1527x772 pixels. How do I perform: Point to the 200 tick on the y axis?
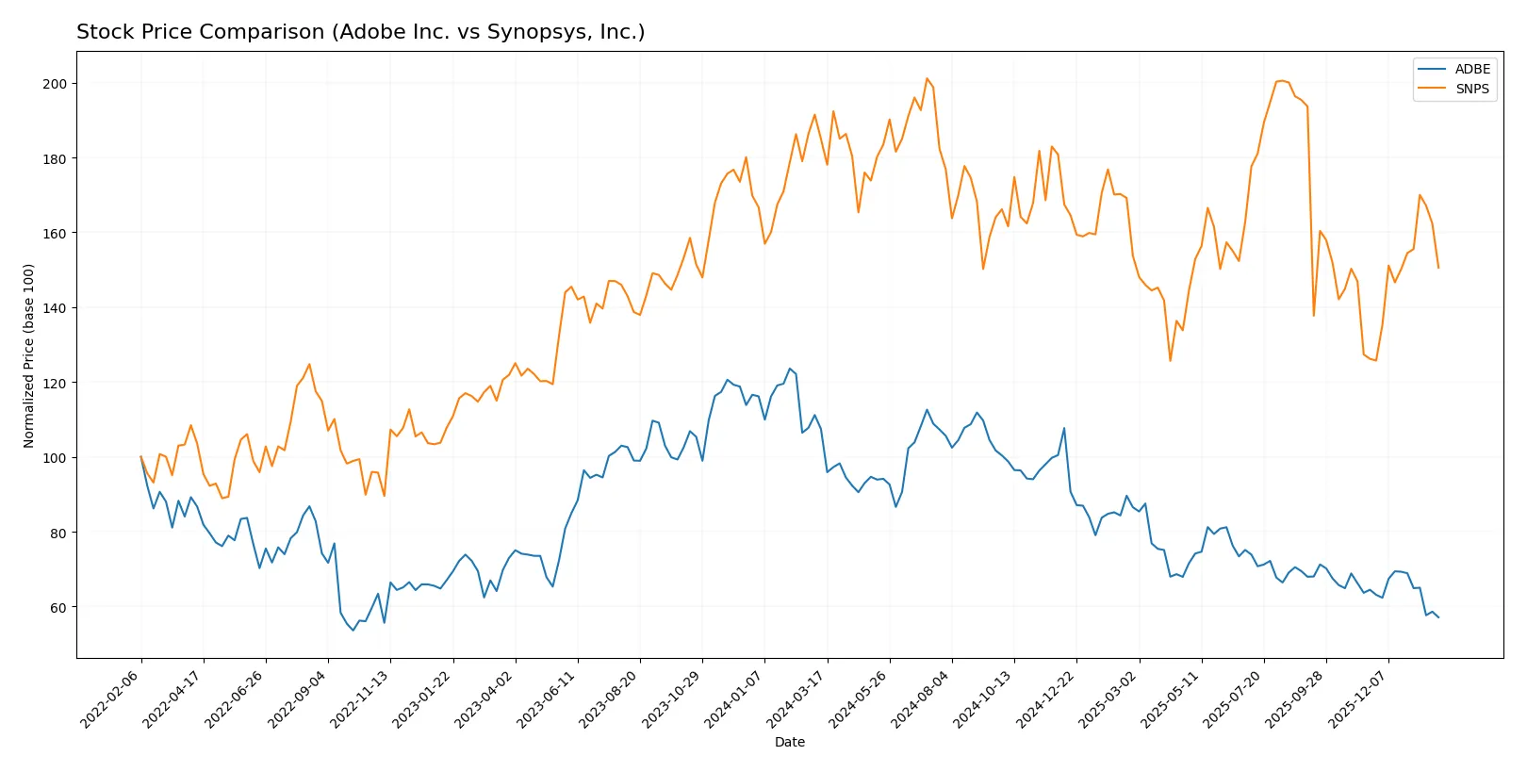click(55, 84)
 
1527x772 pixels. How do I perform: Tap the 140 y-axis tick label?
click(55, 308)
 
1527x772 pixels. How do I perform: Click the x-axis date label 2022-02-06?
click(111, 698)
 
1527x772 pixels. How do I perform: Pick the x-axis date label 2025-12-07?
click(1358, 698)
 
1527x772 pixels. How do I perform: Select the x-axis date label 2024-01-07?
click(734, 698)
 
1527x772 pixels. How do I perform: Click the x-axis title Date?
click(789, 742)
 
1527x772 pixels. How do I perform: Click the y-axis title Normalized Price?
click(28, 355)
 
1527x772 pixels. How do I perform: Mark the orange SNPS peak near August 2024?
click(927, 78)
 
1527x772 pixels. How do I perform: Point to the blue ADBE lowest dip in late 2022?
click(353, 630)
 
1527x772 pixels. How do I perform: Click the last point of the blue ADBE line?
click(1438, 617)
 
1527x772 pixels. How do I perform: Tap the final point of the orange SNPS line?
click(1438, 268)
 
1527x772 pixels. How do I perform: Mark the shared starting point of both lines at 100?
click(141, 457)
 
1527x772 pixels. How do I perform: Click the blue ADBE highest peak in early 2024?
click(790, 369)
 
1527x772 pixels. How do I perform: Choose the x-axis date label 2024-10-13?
click(984, 698)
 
